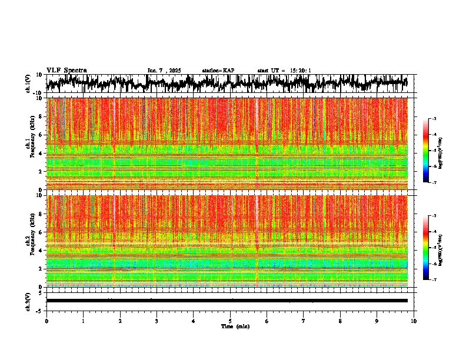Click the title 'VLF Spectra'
(66, 70)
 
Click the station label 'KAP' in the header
(228, 71)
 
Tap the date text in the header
(164, 71)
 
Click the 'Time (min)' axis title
(235, 326)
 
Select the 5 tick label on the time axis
(230, 321)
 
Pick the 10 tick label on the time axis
(414, 321)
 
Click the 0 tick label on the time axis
(46, 321)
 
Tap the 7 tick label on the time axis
(304, 321)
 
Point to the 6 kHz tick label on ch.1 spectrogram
(41, 135)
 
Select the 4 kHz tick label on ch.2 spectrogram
(41, 251)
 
